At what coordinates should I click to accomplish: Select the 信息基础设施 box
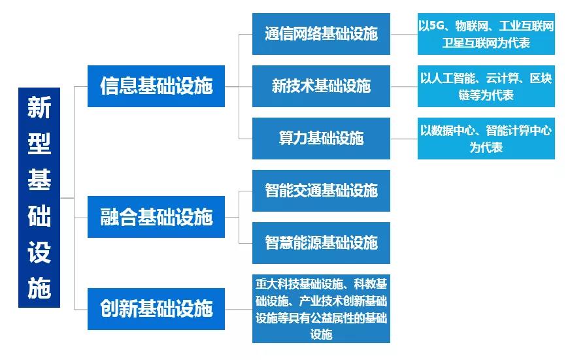(x=156, y=86)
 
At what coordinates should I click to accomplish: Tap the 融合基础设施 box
(x=156, y=217)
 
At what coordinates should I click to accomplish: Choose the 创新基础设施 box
(x=156, y=308)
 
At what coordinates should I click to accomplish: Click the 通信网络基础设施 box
(x=321, y=34)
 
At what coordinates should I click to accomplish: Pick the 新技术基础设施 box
(x=321, y=86)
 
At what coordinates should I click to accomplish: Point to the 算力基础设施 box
(x=321, y=139)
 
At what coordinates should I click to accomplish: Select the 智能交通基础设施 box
(x=321, y=191)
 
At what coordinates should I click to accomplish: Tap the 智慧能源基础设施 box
(x=321, y=243)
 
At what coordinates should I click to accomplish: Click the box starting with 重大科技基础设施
(x=321, y=308)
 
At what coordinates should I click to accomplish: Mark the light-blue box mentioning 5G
(x=486, y=34)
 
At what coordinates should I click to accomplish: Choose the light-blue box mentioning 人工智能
(x=486, y=86)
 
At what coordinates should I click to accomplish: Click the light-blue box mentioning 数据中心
(x=486, y=139)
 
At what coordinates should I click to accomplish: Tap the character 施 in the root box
(x=39, y=288)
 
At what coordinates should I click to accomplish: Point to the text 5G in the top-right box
(x=437, y=27)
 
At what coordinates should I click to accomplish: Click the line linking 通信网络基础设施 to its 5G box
(x=404, y=34)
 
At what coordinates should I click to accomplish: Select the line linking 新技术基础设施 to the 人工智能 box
(x=404, y=86)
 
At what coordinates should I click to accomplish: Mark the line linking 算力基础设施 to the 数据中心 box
(x=404, y=139)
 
